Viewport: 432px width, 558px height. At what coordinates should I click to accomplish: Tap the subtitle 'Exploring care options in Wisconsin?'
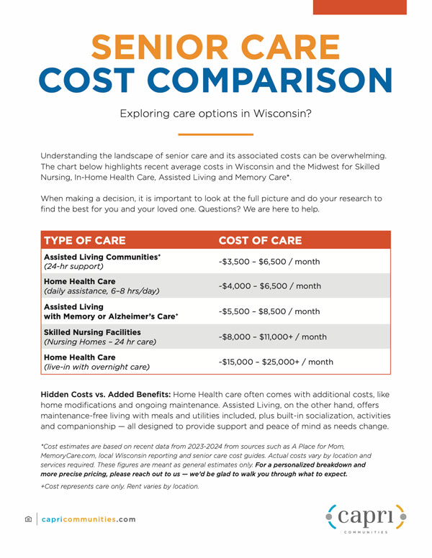[215, 113]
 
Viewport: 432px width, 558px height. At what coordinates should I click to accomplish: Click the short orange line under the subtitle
[215, 134]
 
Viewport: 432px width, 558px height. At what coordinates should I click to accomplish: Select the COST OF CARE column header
[260, 240]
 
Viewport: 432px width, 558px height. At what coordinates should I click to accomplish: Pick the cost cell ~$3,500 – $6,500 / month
[269, 262]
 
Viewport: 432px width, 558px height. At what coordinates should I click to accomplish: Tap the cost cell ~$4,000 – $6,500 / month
[269, 286]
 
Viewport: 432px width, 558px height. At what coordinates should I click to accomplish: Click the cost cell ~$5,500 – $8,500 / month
[269, 311]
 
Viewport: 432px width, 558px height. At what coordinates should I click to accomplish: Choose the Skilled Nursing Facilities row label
[92, 331]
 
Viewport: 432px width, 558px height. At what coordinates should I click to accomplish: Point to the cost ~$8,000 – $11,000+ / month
[272, 337]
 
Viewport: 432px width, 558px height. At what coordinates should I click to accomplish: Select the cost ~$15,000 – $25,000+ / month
[276, 362]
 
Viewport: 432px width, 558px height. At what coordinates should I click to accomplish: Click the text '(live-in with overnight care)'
[96, 367]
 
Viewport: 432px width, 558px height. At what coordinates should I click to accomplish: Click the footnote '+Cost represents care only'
[119, 487]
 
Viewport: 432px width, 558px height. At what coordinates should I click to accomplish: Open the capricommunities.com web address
[89, 519]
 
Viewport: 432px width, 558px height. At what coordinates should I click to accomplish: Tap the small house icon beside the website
[28, 519]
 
